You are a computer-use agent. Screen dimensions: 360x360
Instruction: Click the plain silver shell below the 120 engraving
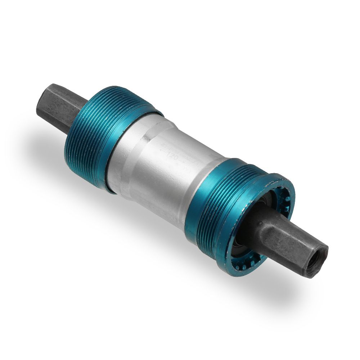coord(169,187)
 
